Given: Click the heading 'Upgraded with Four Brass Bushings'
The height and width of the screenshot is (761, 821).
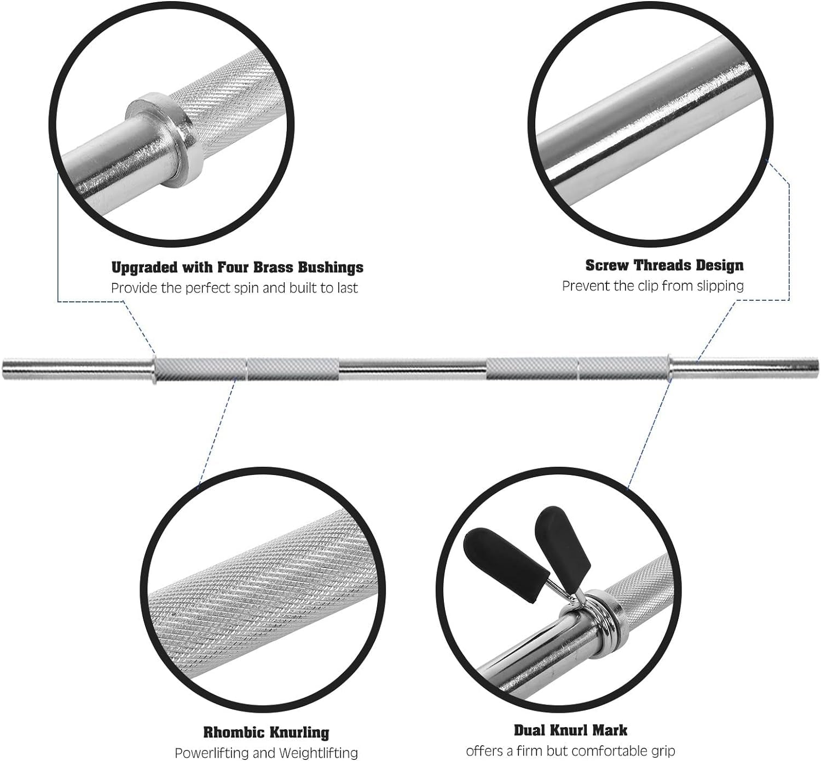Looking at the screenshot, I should tap(237, 267).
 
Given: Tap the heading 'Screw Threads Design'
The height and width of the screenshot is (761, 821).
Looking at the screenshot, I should tap(664, 265).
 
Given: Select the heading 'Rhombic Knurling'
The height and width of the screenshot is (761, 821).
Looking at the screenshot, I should tap(266, 732).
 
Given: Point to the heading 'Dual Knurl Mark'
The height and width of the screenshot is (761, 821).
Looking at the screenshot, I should tap(570, 730).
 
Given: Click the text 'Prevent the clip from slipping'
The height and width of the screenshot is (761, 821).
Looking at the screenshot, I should tap(652, 286).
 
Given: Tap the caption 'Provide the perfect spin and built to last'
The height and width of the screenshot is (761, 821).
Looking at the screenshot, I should tap(234, 288).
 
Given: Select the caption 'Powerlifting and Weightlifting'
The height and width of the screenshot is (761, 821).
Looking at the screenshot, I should tap(266, 753).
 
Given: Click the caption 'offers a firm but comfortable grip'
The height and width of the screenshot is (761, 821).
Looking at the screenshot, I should tap(570, 751).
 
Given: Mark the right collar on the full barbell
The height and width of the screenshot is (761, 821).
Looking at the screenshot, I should tap(669, 365).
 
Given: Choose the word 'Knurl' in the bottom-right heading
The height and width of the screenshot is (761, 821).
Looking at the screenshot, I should tap(571, 730).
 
